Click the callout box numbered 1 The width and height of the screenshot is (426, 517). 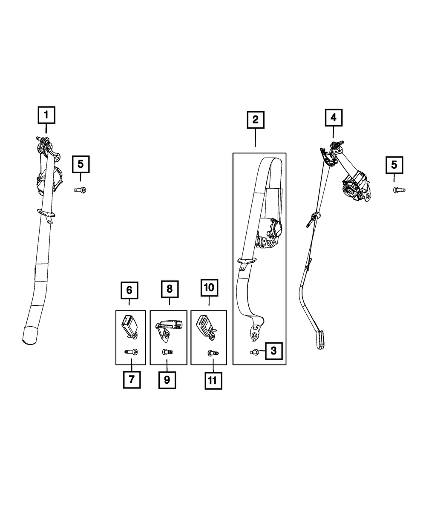coord(46,115)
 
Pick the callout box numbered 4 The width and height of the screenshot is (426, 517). coord(334,118)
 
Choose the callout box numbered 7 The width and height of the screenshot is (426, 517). coord(132,379)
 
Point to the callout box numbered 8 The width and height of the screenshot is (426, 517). coord(170,290)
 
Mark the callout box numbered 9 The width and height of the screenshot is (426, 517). coord(167,379)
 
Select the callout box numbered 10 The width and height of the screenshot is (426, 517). coord(209,288)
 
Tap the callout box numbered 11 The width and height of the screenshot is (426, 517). coord(213,380)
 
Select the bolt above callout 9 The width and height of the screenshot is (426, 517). coord(166,352)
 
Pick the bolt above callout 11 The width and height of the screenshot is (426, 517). coord(212,353)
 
